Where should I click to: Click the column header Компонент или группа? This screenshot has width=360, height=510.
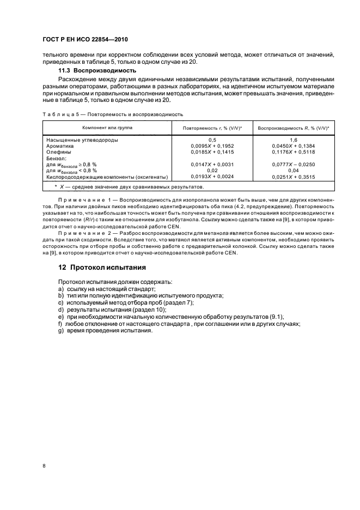107,127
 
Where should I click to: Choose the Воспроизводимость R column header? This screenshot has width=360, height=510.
293,127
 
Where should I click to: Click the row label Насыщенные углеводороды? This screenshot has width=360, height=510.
82,140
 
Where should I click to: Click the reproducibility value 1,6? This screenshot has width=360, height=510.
294,140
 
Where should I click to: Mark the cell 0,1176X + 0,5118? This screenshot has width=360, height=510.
294,152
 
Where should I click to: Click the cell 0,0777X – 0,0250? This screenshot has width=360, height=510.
294,164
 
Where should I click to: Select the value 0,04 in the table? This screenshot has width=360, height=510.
294,170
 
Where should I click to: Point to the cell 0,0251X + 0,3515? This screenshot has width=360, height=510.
294,177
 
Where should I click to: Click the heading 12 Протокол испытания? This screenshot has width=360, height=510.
102,268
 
